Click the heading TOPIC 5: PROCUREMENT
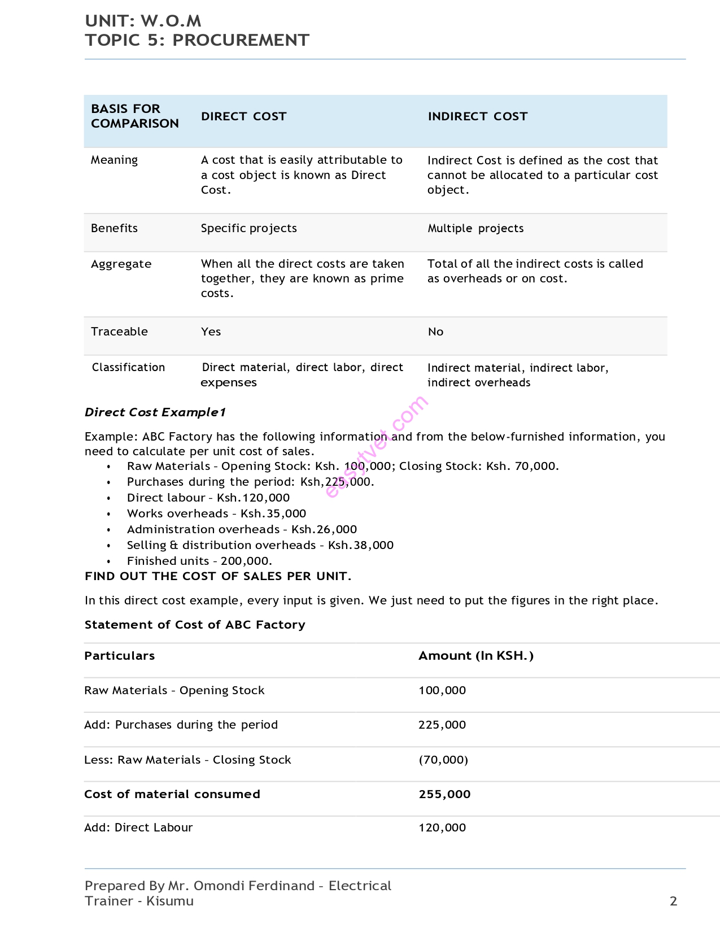point(197,40)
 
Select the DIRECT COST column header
point(243,116)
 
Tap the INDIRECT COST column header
point(477,116)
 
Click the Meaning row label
point(114,160)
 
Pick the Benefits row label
point(114,228)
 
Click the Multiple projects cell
point(475,228)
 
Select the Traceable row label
point(119,332)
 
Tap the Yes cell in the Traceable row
point(211,332)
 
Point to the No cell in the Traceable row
point(435,332)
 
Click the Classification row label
point(128,367)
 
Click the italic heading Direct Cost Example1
point(155,412)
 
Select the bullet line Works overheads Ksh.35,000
point(216,513)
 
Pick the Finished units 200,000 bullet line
point(199,561)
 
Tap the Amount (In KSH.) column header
point(475,656)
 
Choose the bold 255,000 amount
point(444,794)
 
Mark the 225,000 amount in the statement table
point(442,725)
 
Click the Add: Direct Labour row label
point(138,828)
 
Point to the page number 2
point(673,901)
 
